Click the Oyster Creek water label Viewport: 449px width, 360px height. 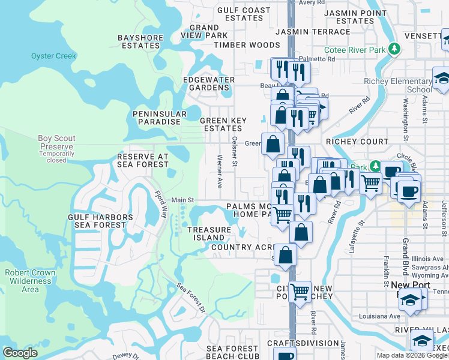tap(54, 56)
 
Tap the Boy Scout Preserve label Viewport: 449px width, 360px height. tap(56, 142)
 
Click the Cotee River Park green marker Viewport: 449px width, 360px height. tap(394, 49)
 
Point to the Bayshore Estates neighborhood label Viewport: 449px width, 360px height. tap(138, 41)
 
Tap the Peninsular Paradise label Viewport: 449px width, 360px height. tap(156, 118)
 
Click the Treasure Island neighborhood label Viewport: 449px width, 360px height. tap(209, 233)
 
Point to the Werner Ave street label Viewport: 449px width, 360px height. tap(220, 170)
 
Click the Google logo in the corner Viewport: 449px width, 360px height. tap(20, 353)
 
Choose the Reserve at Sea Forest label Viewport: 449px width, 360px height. tap(143, 160)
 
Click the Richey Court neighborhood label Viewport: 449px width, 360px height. tap(357, 142)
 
